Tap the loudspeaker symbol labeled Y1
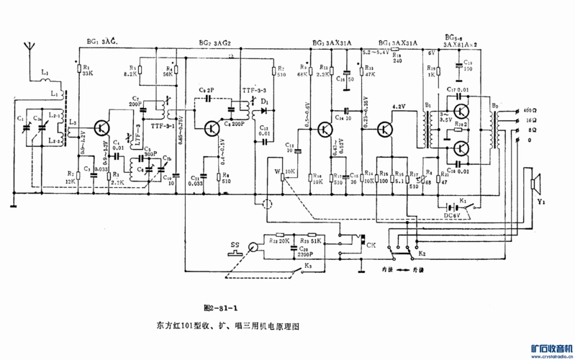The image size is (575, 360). (534, 184)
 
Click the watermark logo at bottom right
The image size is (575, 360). (548, 347)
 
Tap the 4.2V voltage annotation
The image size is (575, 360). (399, 107)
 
